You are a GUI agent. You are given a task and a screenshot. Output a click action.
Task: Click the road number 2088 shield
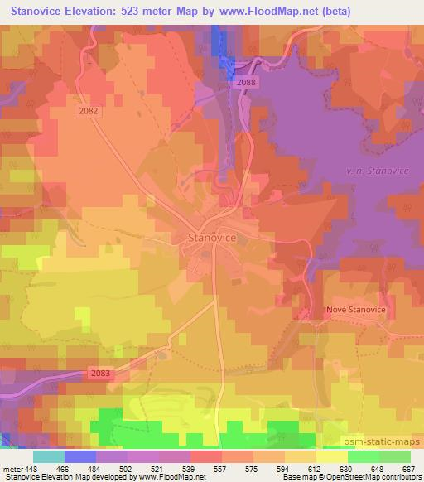[245, 82]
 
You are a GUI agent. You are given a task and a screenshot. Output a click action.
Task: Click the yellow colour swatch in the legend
[331, 455]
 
